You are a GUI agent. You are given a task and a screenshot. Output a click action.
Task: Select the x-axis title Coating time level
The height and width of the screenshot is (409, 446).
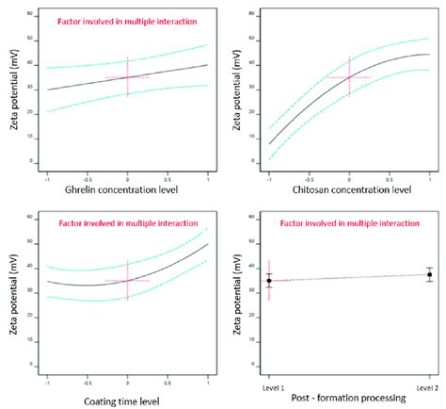coord(126,399)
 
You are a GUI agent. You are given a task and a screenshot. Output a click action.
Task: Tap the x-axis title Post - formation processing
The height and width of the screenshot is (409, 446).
coord(348,399)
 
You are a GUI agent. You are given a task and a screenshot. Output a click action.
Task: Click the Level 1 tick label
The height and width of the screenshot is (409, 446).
coord(269,387)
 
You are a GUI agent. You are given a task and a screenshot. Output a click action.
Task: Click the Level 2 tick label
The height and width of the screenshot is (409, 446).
coord(429,387)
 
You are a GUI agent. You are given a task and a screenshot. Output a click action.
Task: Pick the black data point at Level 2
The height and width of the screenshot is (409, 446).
coord(429,274)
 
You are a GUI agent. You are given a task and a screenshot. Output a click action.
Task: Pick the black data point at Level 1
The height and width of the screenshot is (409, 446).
coord(269,280)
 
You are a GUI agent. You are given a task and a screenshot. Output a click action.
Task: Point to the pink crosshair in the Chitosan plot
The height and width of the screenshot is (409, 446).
coord(349,77)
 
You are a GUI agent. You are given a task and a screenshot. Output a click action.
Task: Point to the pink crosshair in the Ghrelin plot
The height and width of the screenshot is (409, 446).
coord(127,77)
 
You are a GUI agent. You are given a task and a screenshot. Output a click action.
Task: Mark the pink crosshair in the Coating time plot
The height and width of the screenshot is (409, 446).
coord(127,280)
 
